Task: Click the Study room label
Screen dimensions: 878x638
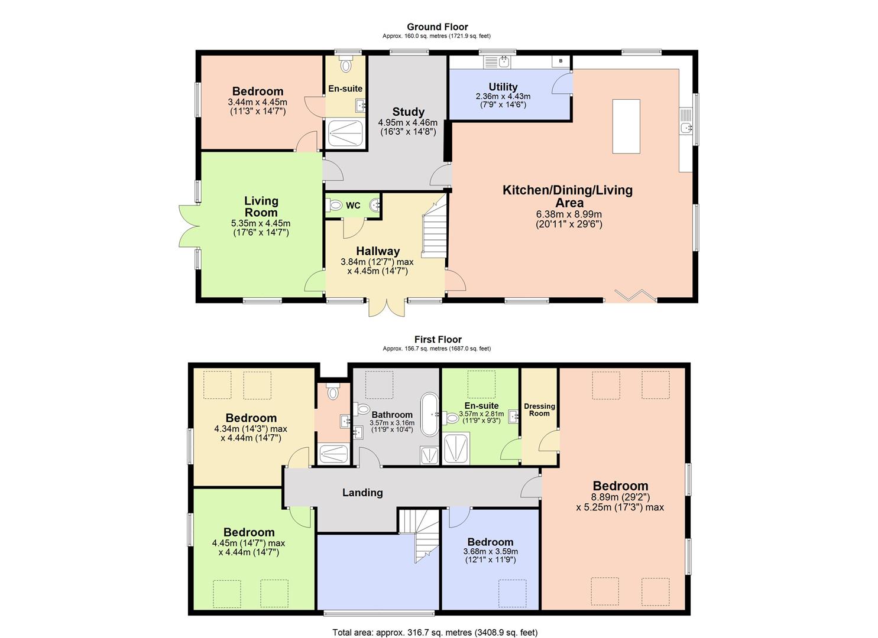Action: [x=408, y=112]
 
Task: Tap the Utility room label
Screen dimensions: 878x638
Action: [x=503, y=87]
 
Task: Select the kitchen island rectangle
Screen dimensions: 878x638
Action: [x=626, y=126]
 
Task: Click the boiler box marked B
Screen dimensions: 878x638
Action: [x=561, y=61]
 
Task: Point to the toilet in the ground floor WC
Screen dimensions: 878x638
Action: [x=333, y=204]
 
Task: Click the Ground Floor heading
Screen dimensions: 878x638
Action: [x=438, y=27]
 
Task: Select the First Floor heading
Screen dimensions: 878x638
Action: [x=438, y=340]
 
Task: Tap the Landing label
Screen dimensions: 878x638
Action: [x=362, y=492]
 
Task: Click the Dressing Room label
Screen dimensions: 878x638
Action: [x=539, y=409]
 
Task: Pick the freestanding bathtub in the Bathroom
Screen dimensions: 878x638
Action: [x=430, y=414]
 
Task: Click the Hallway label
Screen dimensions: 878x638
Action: [x=378, y=250]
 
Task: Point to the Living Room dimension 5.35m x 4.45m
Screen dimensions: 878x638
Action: [x=261, y=223]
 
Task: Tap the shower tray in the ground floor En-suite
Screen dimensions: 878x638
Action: [x=345, y=134]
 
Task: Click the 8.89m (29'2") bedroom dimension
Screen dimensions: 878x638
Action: [x=620, y=497]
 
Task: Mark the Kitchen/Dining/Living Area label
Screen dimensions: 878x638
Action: [x=568, y=196]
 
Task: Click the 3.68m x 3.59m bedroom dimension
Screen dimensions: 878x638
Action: [x=490, y=551]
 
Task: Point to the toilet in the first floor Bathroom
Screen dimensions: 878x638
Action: [x=362, y=409]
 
